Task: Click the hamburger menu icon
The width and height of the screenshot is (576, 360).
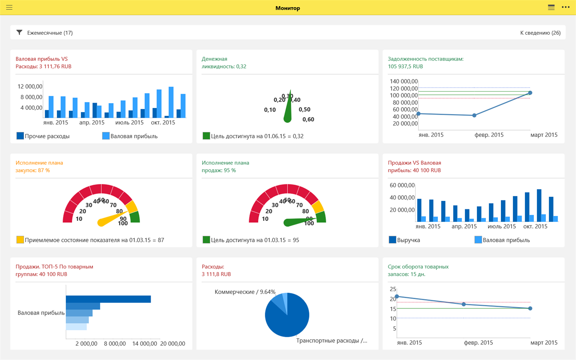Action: coord(9,8)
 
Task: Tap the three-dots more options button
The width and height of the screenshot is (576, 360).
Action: coord(565,8)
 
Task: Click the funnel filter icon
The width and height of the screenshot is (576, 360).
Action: coord(19,32)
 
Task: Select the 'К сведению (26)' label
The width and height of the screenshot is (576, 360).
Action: coord(540,33)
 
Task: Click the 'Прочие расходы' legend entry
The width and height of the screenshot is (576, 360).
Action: coord(43,136)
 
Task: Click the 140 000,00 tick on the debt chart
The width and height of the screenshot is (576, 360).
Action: coord(404,81)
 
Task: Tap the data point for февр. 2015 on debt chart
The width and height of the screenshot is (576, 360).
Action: coord(475,115)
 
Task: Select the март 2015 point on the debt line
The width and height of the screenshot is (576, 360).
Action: coord(530,93)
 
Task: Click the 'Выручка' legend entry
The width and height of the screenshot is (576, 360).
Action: coord(404,240)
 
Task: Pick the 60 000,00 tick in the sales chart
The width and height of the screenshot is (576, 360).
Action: coord(402,185)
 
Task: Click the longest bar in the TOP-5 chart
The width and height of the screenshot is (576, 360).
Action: coord(108,299)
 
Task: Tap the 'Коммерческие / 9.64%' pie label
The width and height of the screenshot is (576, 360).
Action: coord(245,292)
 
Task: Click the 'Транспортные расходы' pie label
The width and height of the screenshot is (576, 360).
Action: coord(332,341)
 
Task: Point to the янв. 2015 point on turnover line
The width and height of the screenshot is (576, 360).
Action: coord(397,296)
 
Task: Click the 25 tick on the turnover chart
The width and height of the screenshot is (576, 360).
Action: coord(393,289)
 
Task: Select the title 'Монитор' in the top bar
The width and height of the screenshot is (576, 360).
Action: coord(288,8)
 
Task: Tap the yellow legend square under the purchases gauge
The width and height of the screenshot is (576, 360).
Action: coord(20,240)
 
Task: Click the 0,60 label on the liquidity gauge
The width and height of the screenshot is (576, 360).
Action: coord(308,119)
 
